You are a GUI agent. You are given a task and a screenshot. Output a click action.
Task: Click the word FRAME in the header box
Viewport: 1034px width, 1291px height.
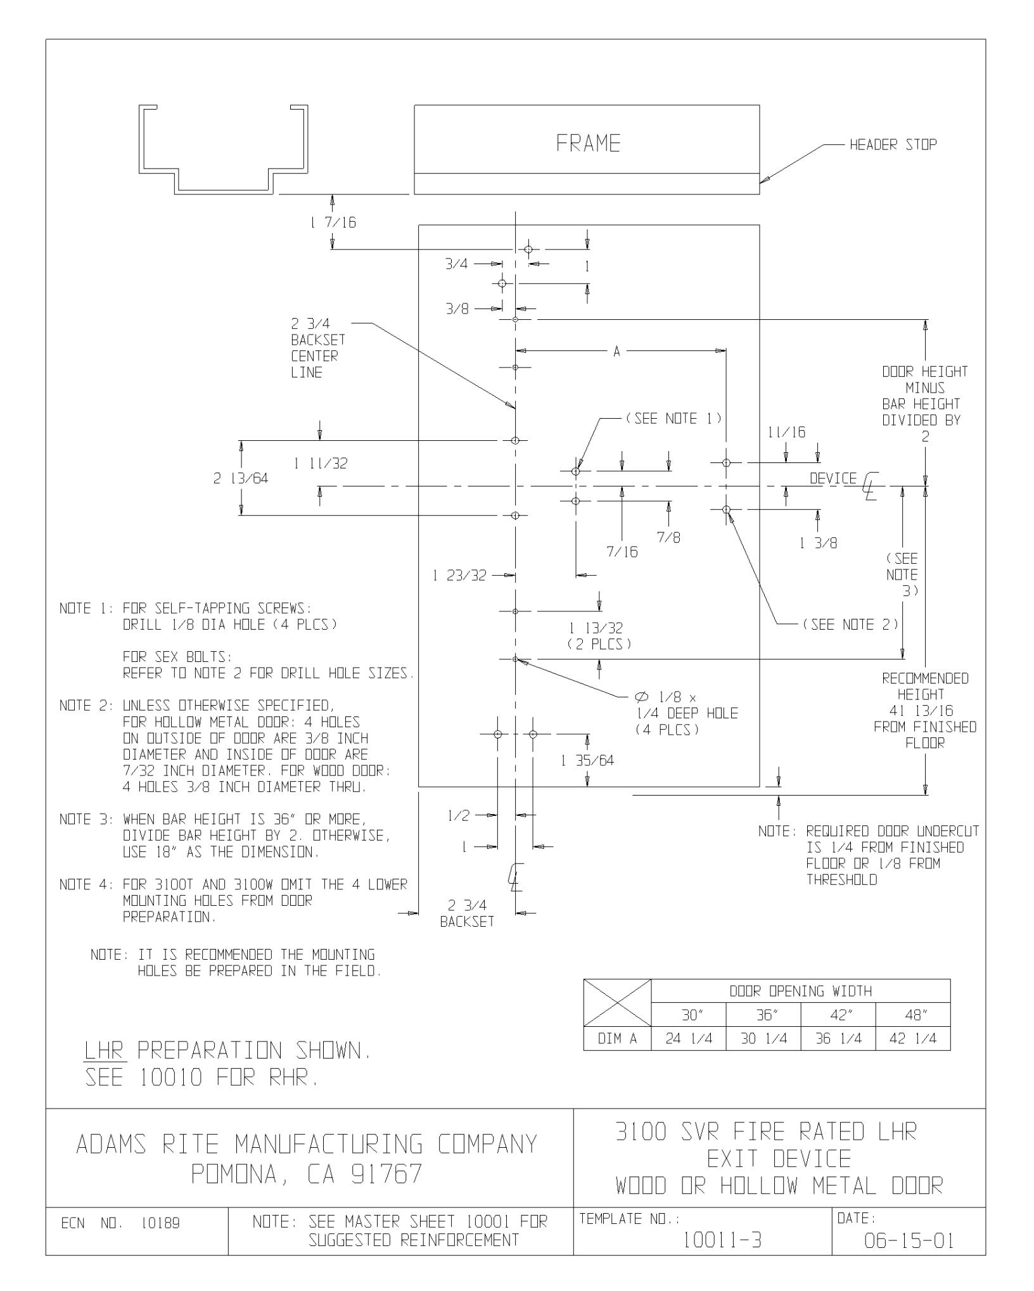[x=588, y=144]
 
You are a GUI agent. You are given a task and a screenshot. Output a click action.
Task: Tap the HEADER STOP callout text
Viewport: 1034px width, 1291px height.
[x=893, y=145]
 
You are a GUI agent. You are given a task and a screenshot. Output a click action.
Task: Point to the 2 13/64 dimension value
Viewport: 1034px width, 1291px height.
[x=240, y=479]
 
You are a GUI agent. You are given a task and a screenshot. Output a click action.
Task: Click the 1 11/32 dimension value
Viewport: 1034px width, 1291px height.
[x=320, y=464]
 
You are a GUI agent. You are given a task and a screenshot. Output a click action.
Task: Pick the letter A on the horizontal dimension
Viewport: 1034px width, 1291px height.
[x=616, y=352]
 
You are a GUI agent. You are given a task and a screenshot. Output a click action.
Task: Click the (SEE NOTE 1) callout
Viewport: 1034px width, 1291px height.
[x=673, y=419]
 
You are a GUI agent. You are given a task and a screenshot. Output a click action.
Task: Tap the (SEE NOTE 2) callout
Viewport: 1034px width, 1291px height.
[x=850, y=625]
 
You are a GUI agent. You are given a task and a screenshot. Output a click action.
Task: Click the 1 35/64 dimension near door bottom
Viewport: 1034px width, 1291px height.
[x=587, y=760]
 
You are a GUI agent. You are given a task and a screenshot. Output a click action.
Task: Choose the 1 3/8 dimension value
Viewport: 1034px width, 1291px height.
[x=818, y=543]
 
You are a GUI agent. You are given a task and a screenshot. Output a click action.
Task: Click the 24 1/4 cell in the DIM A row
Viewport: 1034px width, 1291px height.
[x=689, y=1040]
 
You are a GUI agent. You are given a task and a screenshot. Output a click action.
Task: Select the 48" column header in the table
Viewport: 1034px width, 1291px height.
[x=913, y=1016]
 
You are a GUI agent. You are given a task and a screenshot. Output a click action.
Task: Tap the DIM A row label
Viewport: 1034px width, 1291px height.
[x=617, y=1040]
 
